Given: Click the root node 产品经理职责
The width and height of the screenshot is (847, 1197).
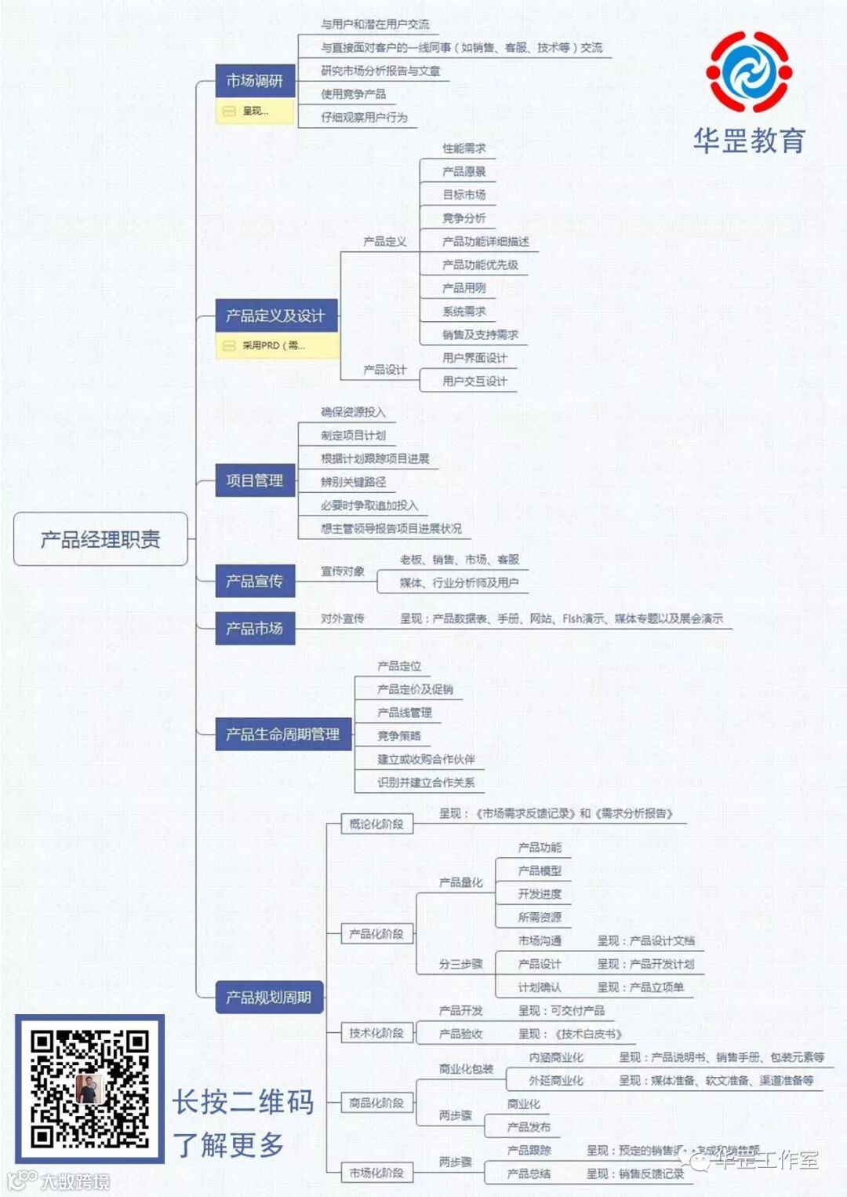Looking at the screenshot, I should pyautogui.click(x=100, y=539).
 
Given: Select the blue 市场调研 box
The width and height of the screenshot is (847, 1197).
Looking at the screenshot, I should pyautogui.click(x=255, y=81).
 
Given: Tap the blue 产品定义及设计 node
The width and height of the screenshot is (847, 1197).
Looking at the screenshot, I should pyautogui.click(x=276, y=316).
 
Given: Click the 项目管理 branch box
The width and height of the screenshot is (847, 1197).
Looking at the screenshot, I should pyautogui.click(x=255, y=480).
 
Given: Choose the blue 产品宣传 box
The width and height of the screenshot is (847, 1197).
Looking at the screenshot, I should pyautogui.click(x=255, y=581).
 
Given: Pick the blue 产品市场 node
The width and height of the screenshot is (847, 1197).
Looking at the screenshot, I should pyautogui.click(x=255, y=629).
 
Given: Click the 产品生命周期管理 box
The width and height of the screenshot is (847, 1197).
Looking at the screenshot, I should pyautogui.click(x=282, y=735).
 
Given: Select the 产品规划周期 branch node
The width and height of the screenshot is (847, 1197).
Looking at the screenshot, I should pyautogui.click(x=269, y=998).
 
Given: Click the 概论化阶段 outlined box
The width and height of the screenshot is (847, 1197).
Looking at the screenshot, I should pyautogui.click(x=376, y=824).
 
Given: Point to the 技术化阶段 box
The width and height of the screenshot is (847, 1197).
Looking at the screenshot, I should pyautogui.click(x=376, y=1033).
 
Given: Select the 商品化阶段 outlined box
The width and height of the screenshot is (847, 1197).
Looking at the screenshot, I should pyautogui.click(x=376, y=1103).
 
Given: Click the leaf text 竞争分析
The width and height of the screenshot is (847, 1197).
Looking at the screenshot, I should pyautogui.click(x=464, y=218).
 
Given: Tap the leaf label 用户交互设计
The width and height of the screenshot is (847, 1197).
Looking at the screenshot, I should pyautogui.click(x=474, y=381).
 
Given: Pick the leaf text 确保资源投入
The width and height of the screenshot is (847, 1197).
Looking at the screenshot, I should pyautogui.click(x=353, y=412).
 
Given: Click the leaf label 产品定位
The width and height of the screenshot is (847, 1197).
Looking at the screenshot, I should pyautogui.click(x=399, y=666).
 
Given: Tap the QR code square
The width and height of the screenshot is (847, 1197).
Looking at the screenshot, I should pyautogui.click(x=89, y=1089).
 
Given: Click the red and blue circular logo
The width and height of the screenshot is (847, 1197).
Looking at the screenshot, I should pyautogui.click(x=749, y=72).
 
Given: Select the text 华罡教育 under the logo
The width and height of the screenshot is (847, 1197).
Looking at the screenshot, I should pyautogui.click(x=749, y=141).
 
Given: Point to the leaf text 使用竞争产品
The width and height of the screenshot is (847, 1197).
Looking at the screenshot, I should pyautogui.click(x=353, y=94).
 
